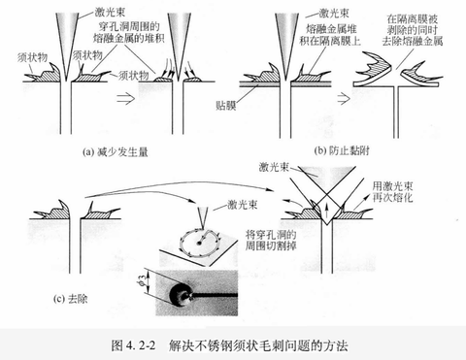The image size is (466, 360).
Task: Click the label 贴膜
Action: click(226, 106)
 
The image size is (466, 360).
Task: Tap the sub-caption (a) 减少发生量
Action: click(116, 152)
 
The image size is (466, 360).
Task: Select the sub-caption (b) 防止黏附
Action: click(342, 150)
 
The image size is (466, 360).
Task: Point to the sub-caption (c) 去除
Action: click(70, 299)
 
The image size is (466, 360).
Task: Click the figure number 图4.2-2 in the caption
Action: click(133, 345)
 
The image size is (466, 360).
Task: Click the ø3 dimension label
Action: click(142, 281)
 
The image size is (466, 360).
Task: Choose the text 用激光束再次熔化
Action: click(392, 192)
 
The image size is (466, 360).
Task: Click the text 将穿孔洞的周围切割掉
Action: click(271, 241)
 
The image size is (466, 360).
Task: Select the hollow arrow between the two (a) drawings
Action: click(126, 98)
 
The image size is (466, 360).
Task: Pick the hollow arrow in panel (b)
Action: click(344, 98)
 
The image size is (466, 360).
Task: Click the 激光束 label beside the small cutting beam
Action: click(242, 205)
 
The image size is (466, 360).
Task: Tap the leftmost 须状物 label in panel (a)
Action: click(32, 57)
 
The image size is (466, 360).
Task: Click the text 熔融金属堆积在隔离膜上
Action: click(330, 35)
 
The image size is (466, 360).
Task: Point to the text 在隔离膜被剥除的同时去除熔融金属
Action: click(413, 30)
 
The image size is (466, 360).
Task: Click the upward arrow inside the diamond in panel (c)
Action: click(327, 211)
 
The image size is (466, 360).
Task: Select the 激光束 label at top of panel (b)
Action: click(334, 13)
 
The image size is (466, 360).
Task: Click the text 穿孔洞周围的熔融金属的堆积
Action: click(128, 32)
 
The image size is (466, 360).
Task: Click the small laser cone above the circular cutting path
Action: click(204, 216)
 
